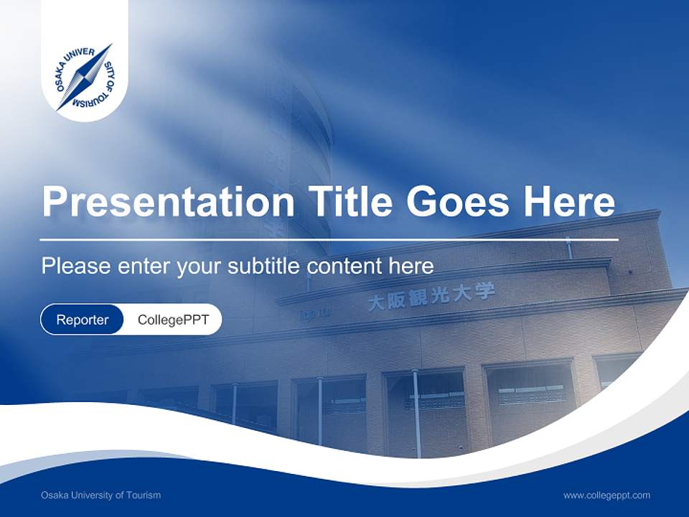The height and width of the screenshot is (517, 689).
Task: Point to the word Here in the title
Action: click(x=568, y=202)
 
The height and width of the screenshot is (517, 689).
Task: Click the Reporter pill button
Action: click(x=83, y=320)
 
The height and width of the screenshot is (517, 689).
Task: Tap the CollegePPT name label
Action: click(x=173, y=320)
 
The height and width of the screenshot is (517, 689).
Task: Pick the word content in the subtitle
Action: click(x=345, y=266)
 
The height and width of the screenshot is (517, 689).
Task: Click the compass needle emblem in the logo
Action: click(x=85, y=77)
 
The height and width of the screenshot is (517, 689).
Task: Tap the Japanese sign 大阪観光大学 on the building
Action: click(x=431, y=297)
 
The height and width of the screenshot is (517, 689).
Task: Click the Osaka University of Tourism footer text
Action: click(x=100, y=495)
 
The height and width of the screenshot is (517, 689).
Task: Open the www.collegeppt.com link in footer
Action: click(x=606, y=495)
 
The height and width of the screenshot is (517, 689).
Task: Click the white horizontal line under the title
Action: click(x=329, y=239)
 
